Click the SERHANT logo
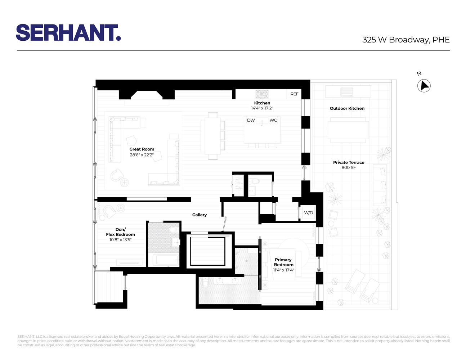[x=68, y=33]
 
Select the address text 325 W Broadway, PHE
[x=406, y=40]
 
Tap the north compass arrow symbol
[x=424, y=86]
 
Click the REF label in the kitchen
[x=294, y=94]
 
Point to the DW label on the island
[x=251, y=120]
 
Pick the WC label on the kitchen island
[x=273, y=120]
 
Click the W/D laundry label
[x=309, y=213]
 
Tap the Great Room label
[x=142, y=149]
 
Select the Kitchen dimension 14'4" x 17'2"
[x=262, y=108]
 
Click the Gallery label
[x=200, y=215]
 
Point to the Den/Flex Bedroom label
[x=120, y=232]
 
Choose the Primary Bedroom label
[x=283, y=262]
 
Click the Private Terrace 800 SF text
[x=349, y=165]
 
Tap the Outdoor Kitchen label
[x=347, y=108]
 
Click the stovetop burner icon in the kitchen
[x=262, y=94]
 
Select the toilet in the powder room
[x=254, y=181]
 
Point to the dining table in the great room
[x=212, y=136]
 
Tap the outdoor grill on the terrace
[x=347, y=92]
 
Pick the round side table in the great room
[x=125, y=183]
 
